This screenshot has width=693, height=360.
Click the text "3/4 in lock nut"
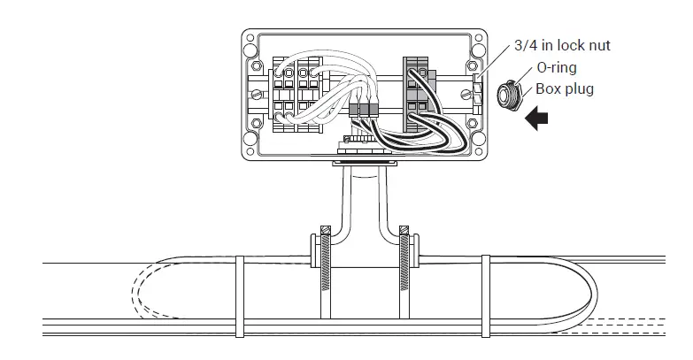coord(562,45)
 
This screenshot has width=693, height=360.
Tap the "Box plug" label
coord(563,88)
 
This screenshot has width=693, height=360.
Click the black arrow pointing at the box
coord(537,119)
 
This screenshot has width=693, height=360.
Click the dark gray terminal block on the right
coord(417,93)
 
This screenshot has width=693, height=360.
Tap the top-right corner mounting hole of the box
coord(480,39)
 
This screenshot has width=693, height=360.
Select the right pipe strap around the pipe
coord(485,295)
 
